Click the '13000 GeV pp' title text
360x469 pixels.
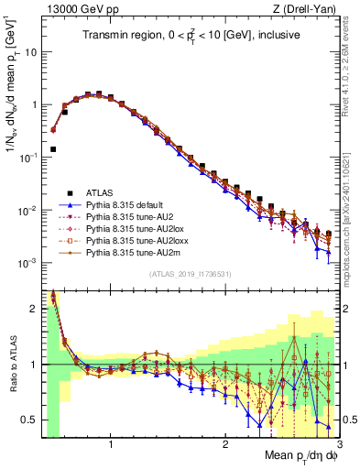coord(75,8)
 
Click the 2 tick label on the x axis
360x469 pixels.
coord(224,445)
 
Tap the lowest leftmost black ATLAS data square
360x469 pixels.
coord(53,148)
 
